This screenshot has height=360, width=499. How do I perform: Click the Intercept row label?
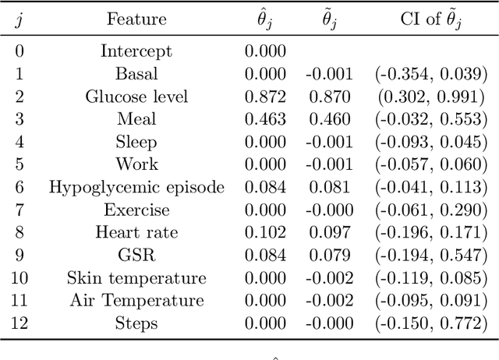click(x=136, y=51)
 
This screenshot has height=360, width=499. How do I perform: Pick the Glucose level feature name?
click(x=136, y=97)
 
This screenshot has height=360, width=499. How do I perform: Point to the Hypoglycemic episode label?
click(x=136, y=188)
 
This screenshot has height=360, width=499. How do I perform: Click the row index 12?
click(x=18, y=323)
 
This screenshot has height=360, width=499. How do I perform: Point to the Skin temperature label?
click(x=136, y=278)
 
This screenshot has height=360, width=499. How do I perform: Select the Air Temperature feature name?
click(x=136, y=301)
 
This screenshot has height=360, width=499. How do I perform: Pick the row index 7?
click(x=18, y=210)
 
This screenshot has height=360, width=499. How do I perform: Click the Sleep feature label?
click(x=136, y=142)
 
